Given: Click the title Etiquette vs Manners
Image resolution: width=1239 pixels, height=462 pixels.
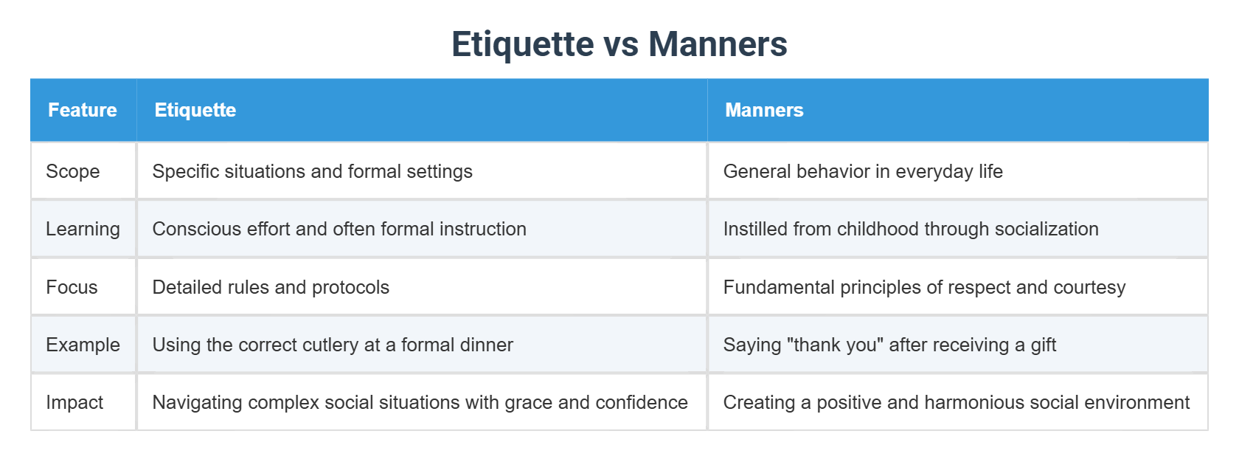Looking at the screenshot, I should [x=619, y=44].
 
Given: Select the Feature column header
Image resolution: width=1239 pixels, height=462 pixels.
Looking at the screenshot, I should [x=83, y=110].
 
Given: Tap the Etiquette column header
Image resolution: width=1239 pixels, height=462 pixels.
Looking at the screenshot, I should [x=195, y=110].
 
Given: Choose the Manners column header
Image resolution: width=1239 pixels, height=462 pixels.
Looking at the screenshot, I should [x=764, y=110].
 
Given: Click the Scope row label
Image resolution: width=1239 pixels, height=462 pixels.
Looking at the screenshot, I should [x=72, y=171].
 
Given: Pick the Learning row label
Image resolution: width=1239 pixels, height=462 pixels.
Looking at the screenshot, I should [x=83, y=229].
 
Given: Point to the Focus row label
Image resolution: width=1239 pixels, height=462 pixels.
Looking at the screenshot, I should [x=72, y=287].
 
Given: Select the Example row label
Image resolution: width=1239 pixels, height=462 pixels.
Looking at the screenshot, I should [x=83, y=345].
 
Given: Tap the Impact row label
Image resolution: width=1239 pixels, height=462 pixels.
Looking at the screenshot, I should [x=74, y=402].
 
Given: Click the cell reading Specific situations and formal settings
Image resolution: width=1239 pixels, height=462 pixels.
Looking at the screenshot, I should [x=312, y=171].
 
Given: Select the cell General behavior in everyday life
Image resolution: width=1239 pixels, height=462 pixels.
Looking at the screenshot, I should [x=863, y=171].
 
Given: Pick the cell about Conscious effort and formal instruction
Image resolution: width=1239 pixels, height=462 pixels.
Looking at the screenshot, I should [x=339, y=229].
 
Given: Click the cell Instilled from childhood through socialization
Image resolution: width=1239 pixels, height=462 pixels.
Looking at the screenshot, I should [x=911, y=229].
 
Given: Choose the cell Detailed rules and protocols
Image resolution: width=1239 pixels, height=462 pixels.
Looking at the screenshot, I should [x=271, y=287].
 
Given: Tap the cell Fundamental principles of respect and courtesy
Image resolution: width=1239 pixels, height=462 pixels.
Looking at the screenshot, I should [x=924, y=287].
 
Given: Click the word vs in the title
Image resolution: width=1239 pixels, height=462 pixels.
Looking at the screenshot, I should [x=621, y=44].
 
